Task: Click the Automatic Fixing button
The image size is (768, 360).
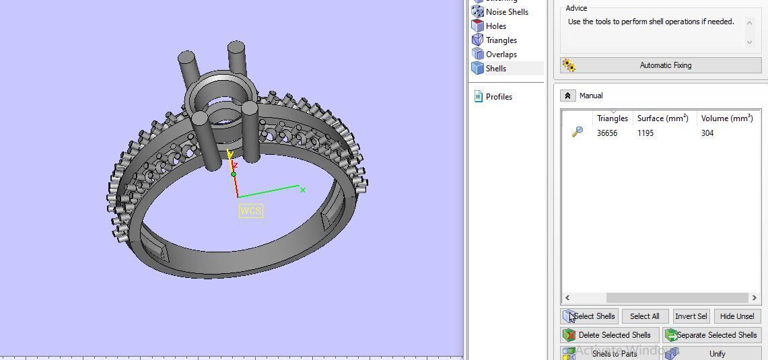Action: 660,65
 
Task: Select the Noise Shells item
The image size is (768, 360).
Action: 506,12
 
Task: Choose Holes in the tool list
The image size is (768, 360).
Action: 495,26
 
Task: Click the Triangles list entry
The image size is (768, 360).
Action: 501,40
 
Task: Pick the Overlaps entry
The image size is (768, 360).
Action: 501,55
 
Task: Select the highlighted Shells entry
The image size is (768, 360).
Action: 496,69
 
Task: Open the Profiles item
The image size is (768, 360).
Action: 498,97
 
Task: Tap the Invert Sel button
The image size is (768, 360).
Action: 691,316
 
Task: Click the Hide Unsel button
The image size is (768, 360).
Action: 736,316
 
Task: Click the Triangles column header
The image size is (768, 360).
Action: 612,118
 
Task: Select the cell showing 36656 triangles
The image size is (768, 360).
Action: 606,133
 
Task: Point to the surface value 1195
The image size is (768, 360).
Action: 645,133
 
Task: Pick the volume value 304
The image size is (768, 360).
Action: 707,133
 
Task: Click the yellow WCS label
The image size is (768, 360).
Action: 250,211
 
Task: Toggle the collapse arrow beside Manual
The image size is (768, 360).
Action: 567,96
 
